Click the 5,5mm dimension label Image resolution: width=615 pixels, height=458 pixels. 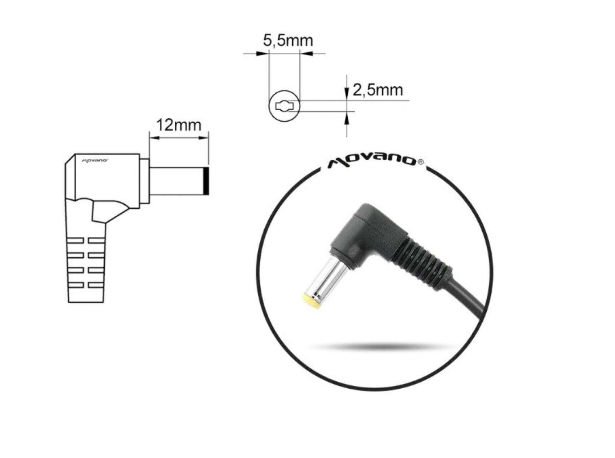[x=288, y=41]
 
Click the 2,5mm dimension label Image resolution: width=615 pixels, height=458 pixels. [x=378, y=90]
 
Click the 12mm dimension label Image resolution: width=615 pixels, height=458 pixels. [x=179, y=125]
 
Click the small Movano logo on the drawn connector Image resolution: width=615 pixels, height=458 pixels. [x=94, y=161]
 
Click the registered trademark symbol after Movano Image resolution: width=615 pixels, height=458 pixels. [x=421, y=162]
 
